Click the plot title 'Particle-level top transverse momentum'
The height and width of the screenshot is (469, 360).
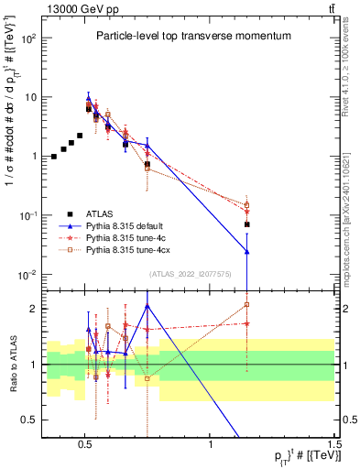coord(192,36)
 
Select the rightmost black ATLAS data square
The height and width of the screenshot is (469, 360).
coord(247,224)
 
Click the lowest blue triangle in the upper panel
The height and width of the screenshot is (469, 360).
coord(247,251)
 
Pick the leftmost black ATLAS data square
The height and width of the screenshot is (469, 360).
coord(54,157)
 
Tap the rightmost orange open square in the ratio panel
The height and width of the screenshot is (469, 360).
coord(247,305)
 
